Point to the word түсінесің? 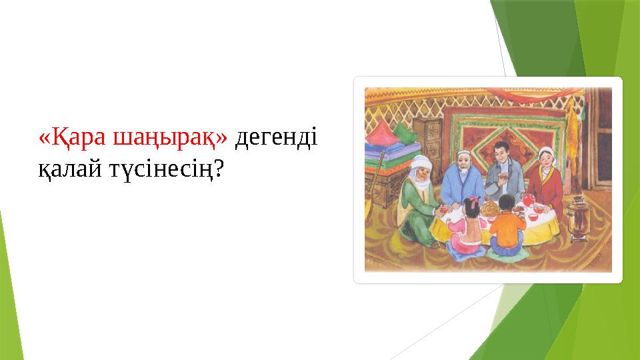171,170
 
